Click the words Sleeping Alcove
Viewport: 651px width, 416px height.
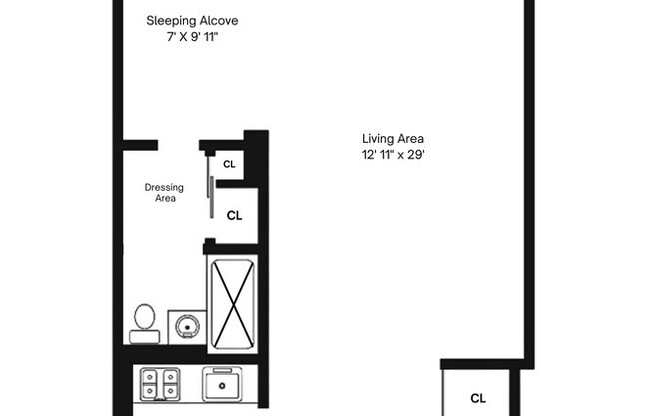(x=193, y=20)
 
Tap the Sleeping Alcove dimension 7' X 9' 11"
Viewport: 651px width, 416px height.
(x=193, y=37)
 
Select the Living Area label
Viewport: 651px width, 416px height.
(x=394, y=138)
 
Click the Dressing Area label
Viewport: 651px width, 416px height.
(x=162, y=192)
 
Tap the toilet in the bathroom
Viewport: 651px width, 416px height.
(x=143, y=321)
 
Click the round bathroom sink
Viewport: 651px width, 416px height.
(x=184, y=326)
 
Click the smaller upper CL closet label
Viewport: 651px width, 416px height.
(x=229, y=164)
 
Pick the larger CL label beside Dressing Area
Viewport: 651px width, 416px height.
(x=235, y=214)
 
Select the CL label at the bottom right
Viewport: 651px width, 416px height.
(x=478, y=398)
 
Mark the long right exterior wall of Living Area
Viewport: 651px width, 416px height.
(x=529, y=180)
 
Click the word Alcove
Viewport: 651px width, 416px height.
(x=219, y=20)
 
